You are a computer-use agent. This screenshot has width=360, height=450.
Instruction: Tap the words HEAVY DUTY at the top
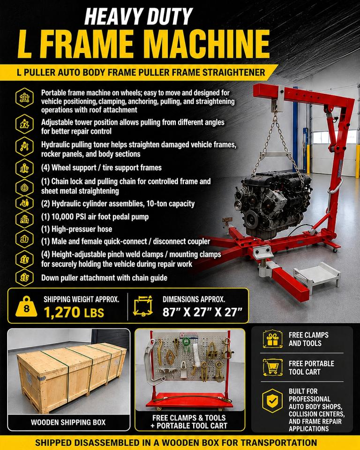click(x=139, y=16)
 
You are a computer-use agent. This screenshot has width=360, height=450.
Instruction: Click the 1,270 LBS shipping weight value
click(x=74, y=312)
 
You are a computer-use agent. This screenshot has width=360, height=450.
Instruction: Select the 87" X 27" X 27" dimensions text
click(x=202, y=312)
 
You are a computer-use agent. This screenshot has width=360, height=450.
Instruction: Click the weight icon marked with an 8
click(x=26, y=307)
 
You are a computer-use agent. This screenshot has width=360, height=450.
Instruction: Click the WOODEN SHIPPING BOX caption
click(x=68, y=422)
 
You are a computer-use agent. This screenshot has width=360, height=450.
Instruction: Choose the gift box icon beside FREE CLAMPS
click(x=272, y=339)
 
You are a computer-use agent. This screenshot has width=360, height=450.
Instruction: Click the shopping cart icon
click(x=272, y=367)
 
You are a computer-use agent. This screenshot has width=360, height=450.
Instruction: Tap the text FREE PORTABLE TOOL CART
click(x=311, y=367)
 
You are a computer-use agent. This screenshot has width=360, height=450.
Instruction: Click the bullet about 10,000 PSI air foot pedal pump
click(x=95, y=217)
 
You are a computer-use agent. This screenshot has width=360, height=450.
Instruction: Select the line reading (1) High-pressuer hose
click(x=77, y=229)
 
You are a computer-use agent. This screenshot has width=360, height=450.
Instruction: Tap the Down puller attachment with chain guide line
click(x=104, y=278)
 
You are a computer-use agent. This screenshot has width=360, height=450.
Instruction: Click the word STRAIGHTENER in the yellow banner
click(x=234, y=72)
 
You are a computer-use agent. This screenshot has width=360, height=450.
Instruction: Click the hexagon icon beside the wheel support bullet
click(x=24, y=168)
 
